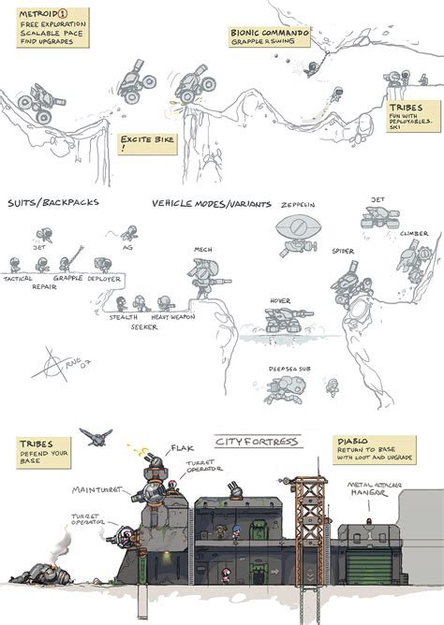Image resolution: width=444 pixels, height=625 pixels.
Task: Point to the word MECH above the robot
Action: (x=203, y=250)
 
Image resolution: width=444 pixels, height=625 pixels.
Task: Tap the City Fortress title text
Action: (x=254, y=441)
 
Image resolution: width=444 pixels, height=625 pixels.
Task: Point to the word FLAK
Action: (x=181, y=448)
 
